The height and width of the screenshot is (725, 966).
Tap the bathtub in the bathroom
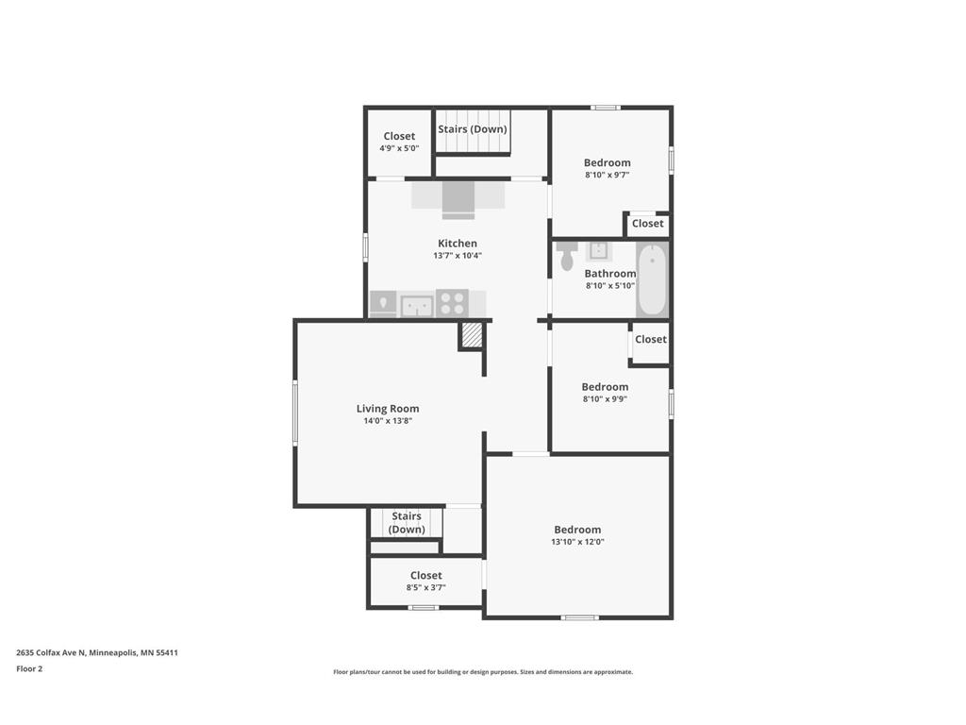652,280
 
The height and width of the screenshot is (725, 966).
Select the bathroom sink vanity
598,251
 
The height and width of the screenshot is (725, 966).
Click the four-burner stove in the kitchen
452,303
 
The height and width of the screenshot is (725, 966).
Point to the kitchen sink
416,305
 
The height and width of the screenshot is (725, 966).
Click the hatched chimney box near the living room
472,335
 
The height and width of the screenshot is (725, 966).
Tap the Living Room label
388,409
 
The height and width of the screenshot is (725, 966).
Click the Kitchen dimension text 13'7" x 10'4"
458,256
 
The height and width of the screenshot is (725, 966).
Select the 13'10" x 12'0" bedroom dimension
577,542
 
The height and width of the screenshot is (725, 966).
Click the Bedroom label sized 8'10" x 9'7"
607,162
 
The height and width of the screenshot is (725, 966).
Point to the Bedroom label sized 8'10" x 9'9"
605,387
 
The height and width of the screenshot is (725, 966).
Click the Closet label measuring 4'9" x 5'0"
399,136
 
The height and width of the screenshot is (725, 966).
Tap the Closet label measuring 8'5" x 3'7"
425,575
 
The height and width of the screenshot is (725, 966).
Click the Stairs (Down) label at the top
472,129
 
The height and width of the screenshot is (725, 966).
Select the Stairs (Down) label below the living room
407,522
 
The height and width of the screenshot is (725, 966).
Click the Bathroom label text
610,274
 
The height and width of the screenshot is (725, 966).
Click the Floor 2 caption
29,668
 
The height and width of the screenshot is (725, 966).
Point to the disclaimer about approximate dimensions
482,672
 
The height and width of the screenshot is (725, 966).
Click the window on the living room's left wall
295,412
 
